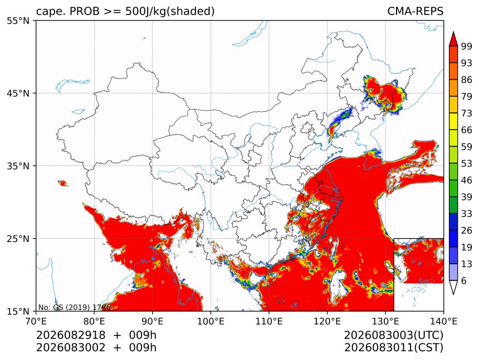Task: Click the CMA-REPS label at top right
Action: pyautogui.click(x=415, y=11)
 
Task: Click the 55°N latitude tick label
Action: pyautogui.click(x=18, y=21)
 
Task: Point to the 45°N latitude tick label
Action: pyautogui.click(x=18, y=93)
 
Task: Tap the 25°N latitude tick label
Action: pyautogui.click(x=18, y=238)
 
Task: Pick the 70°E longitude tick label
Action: pyautogui.click(x=36, y=321)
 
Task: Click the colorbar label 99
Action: pyautogui.click(x=467, y=46)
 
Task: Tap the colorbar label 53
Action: pyautogui.click(x=467, y=164)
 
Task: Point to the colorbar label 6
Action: pyautogui.click(x=464, y=280)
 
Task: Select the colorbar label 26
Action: pyautogui.click(x=467, y=230)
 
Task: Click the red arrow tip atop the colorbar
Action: pyautogui.click(x=453, y=32)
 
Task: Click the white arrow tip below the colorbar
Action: pyautogui.click(x=453, y=294)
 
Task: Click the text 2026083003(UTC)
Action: pyautogui.click(x=393, y=335)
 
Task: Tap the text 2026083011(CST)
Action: pyautogui.click(x=393, y=348)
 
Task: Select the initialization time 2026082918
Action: pyautogui.click(x=71, y=335)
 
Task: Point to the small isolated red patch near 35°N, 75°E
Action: pyautogui.click(x=63, y=183)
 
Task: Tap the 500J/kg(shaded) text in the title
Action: pyautogui.click(x=170, y=11)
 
